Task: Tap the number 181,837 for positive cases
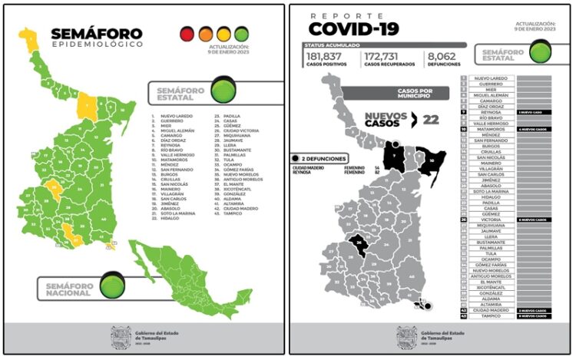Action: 324,57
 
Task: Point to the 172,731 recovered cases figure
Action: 387,57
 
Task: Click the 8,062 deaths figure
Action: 442,57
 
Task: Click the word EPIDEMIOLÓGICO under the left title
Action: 97,45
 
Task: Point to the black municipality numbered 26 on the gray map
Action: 359,244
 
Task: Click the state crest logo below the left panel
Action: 121,337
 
